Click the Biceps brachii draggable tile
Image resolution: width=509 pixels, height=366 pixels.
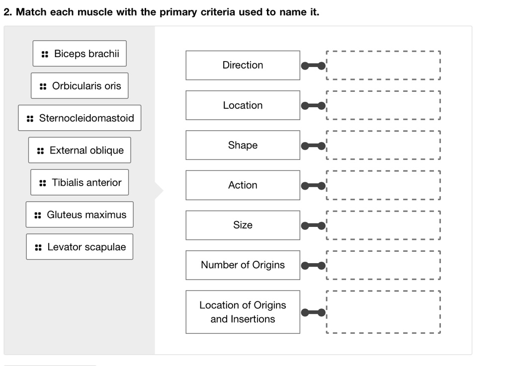[80, 54]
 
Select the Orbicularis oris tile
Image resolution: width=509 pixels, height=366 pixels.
[80, 86]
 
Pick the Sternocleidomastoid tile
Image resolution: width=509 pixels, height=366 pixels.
[80, 118]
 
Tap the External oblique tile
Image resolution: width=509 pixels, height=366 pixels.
[80, 150]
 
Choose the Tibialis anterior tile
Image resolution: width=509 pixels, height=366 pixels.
[80, 183]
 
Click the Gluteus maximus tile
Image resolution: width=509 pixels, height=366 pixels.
[80, 215]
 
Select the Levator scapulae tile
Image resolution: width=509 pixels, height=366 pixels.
[80, 247]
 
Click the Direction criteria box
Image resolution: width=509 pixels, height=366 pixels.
[243, 65]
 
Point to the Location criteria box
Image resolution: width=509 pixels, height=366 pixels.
[243, 105]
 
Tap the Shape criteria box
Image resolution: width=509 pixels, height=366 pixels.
[243, 145]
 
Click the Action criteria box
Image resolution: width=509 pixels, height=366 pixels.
[243, 185]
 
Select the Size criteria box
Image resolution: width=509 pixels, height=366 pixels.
[243, 225]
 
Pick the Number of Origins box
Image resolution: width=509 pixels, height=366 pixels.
[243, 265]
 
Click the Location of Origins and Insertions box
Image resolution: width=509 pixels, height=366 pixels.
[243, 312]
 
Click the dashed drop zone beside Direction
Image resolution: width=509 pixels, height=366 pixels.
[383, 65]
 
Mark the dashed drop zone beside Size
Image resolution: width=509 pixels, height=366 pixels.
[383, 225]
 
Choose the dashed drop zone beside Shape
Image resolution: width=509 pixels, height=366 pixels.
[383, 145]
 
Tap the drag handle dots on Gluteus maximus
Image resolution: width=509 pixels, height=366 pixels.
[38, 216]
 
